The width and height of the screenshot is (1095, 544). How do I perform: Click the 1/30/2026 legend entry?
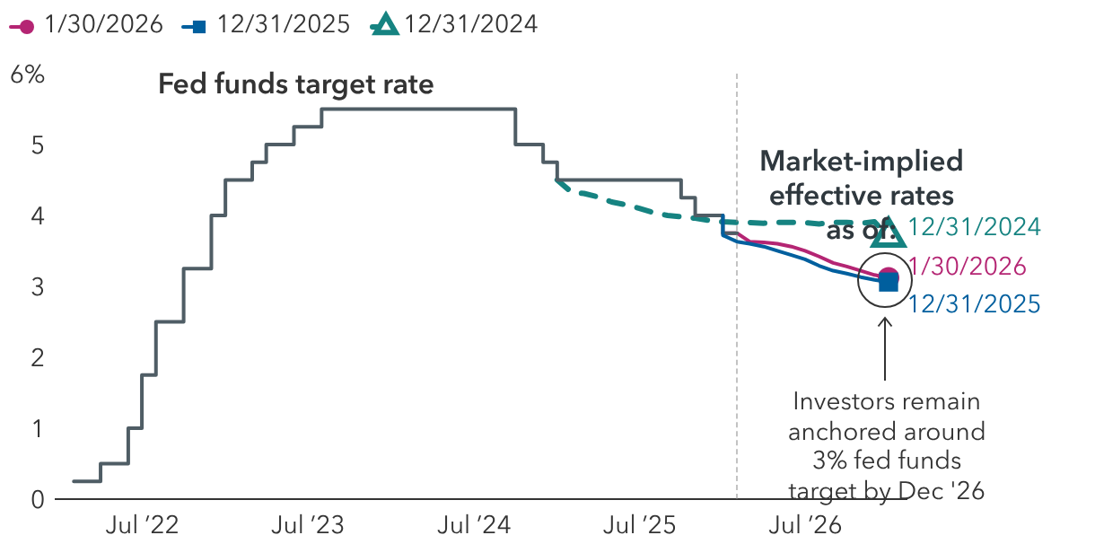click(x=86, y=24)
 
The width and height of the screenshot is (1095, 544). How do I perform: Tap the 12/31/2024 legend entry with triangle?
click(x=454, y=24)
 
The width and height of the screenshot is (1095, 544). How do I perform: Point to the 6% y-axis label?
click(x=27, y=75)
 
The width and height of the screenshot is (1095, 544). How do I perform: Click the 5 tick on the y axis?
click(x=38, y=145)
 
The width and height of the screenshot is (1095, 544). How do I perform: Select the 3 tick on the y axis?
click(x=38, y=287)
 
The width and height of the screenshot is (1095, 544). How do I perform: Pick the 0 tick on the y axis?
click(x=38, y=499)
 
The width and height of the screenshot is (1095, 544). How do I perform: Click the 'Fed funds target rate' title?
click(x=295, y=84)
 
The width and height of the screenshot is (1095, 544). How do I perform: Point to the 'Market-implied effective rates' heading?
click(x=861, y=178)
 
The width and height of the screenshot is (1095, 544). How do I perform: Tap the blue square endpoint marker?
click(x=888, y=283)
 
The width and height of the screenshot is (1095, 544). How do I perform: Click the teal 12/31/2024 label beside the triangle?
click(x=974, y=227)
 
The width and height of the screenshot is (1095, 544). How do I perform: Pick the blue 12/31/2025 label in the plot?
click(x=974, y=305)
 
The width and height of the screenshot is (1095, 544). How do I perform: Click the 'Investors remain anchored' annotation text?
click(x=886, y=446)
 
